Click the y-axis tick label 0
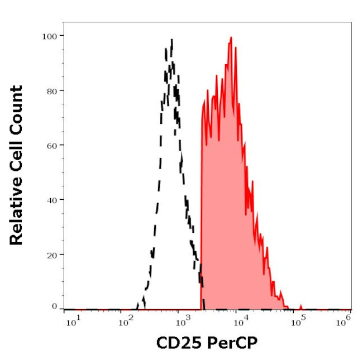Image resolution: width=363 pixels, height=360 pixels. coord(54,306)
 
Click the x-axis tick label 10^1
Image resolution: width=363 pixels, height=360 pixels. coord(73,320)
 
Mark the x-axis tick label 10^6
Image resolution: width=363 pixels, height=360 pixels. coord(345,320)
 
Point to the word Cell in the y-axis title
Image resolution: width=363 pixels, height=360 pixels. coord(16,156)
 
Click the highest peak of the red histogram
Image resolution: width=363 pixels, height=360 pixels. coord(231,38)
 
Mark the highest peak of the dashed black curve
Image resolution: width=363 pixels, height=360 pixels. coord(172,40)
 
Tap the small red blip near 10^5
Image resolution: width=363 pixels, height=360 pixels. coord(301,306)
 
